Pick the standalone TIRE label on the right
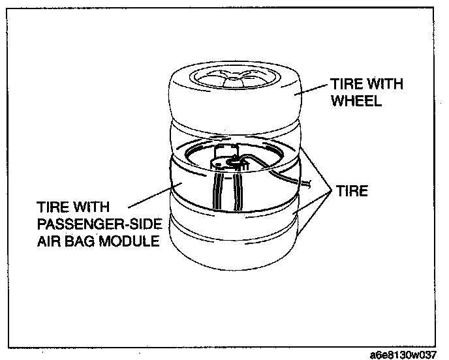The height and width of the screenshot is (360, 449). tap(352, 192)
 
